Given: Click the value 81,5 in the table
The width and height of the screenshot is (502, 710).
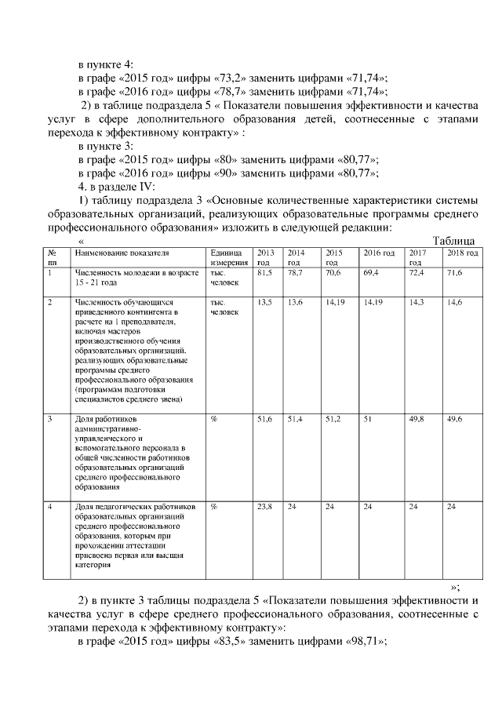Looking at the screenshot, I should (264, 271).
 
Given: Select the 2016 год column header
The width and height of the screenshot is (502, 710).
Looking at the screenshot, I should (378, 253).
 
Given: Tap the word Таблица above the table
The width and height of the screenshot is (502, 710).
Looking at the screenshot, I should (457, 241).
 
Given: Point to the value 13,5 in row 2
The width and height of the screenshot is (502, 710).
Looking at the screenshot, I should (264, 301).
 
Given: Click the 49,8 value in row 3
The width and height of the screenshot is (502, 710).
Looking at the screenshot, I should (417, 420).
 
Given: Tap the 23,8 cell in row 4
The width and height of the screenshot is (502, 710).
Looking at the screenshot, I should (264, 507).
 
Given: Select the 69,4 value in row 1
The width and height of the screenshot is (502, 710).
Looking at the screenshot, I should (370, 271).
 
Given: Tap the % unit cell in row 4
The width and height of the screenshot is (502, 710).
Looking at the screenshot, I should (214, 507).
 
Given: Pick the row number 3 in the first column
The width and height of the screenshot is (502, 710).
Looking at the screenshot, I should (49, 420).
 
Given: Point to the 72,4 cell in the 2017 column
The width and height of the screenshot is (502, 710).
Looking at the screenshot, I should (417, 271).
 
